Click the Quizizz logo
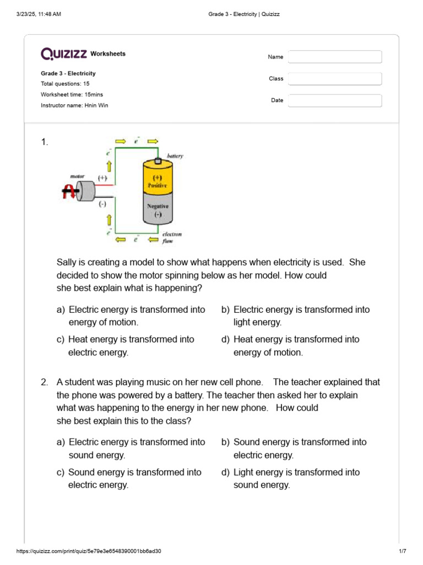pos(63,54)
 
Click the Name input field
pos(335,57)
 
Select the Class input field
pos(335,79)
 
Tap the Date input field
pos(335,100)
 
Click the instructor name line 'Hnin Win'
pos(74,105)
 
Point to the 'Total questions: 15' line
pos(65,84)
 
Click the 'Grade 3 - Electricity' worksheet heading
pos(68,73)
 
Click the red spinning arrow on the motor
pos(70,191)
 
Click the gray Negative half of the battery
pos(158,209)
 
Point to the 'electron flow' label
pos(171,237)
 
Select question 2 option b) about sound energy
pos(294,449)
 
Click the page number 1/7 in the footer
pos(402,551)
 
